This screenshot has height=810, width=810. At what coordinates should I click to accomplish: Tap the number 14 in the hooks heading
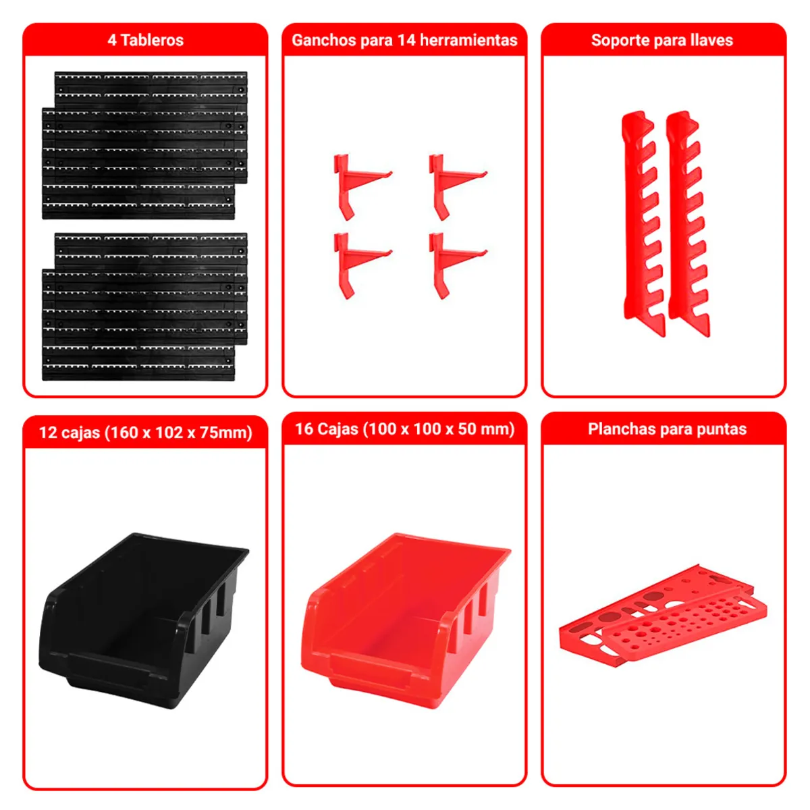[406, 40]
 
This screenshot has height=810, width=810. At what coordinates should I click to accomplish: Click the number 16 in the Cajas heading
[304, 429]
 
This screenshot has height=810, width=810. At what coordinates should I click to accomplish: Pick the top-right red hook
[450, 184]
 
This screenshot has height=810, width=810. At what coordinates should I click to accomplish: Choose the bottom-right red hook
[450, 262]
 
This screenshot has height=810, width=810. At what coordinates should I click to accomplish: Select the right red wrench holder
[686, 223]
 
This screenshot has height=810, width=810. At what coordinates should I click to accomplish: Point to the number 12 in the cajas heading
[48, 433]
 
